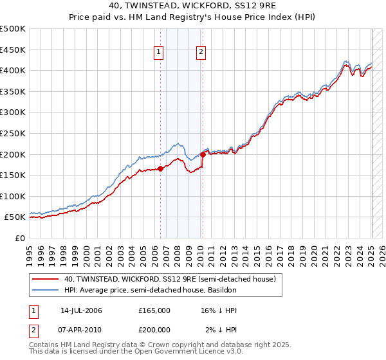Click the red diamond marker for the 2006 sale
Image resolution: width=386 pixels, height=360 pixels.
coord(160,169)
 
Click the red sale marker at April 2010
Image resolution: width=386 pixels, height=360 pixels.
coord(203,154)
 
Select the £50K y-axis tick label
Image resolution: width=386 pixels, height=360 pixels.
coord(15,217)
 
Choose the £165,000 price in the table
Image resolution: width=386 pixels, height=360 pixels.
coord(154,310)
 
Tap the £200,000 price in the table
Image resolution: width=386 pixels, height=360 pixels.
coord(154,328)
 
